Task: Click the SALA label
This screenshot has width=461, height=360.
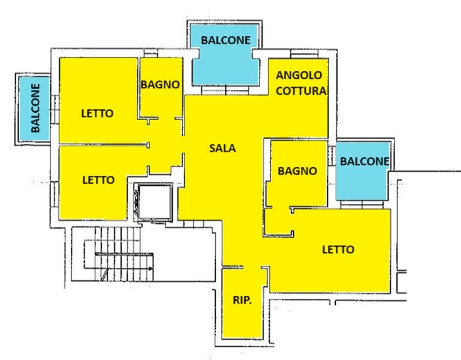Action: click(222, 148)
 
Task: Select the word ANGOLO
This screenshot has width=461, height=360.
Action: click(299, 76)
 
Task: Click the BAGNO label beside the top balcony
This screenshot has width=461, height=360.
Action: click(160, 85)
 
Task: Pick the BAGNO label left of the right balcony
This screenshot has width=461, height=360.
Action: click(297, 171)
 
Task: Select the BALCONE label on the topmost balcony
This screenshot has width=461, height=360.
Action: click(225, 40)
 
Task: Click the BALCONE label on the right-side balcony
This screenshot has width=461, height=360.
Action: click(364, 161)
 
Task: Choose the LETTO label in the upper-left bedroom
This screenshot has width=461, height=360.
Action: click(97, 113)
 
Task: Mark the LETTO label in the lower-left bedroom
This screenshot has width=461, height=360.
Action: click(98, 179)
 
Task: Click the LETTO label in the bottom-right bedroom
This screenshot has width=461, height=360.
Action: click(338, 250)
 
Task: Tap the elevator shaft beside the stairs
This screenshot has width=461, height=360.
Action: click(153, 202)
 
